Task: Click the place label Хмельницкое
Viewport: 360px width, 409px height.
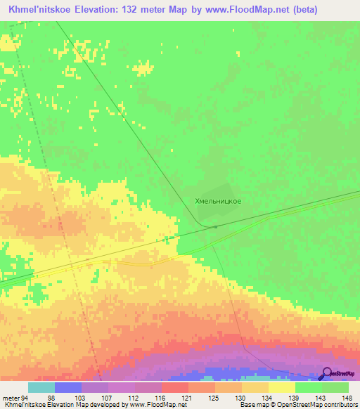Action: (x=218, y=201)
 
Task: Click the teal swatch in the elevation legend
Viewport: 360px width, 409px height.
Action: (x=41, y=387)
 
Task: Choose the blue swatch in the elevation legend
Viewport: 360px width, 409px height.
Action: (x=67, y=387)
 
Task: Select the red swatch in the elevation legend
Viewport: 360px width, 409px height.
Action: (x=174, y=387)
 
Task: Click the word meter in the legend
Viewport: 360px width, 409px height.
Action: (x=10, y=398)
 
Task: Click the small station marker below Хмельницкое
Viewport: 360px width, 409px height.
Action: (x=216, y=226)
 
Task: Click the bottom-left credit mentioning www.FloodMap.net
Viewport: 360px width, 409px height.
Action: (x=89, y=405)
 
